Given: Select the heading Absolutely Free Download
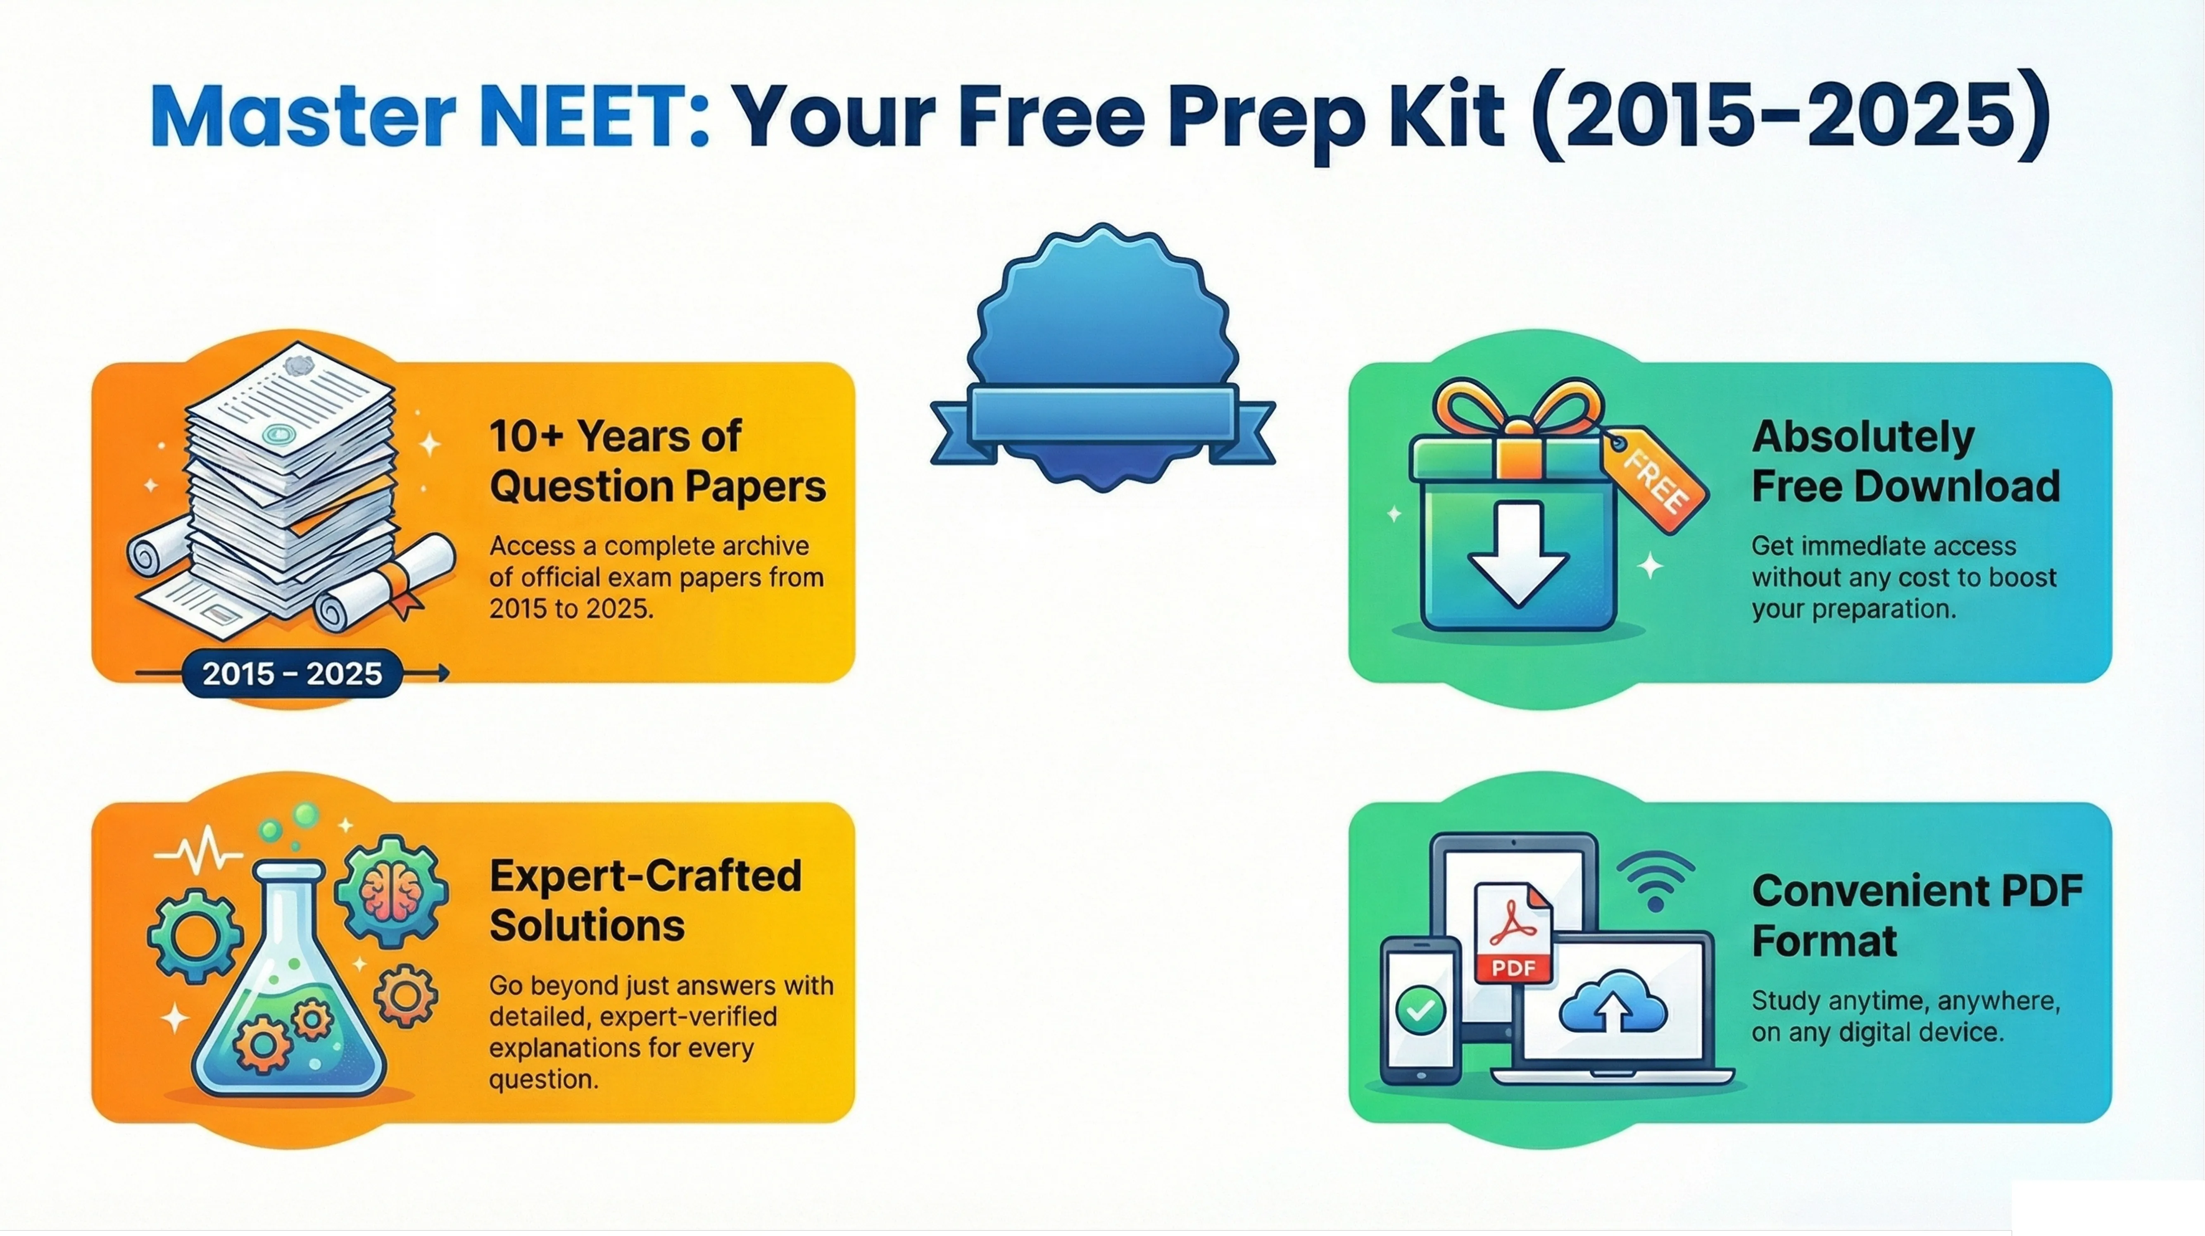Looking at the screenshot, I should pyautogui.click(x=1905, y=462).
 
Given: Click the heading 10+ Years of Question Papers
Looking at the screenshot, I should pyautogui.click(x=657, y=462).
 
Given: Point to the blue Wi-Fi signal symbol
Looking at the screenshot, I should pyautogui.click(x=1656, y=881).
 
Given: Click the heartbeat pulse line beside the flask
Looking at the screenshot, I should pyautogui.click(x=197, y=853).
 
